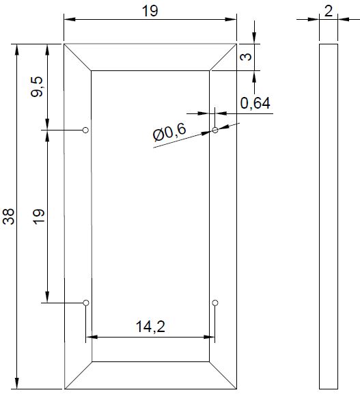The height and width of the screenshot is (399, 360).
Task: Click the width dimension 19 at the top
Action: (x=150, y=11)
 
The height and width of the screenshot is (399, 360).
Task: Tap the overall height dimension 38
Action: (x=8, y=217)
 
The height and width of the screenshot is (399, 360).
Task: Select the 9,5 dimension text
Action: (x=38, y=87)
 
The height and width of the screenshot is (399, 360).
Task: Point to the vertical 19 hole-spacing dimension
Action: (x=38, y=217)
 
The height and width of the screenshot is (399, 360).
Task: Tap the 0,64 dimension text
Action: (x=255, y=103)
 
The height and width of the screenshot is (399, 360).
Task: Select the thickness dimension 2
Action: (x=329, y=11)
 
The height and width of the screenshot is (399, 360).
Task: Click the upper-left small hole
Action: (x=85, y=129)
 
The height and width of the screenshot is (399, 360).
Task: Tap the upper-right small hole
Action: (x=214, y=129)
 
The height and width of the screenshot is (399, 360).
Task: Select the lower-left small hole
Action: (x=85, y=302)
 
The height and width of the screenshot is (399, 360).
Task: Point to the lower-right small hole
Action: (x=214, y=302)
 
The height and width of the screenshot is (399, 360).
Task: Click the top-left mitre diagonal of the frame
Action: (x=78, y=57)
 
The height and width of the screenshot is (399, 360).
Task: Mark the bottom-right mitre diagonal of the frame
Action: (x=223, y=374)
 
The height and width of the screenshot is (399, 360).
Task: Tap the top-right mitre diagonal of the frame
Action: (x=223, y=57)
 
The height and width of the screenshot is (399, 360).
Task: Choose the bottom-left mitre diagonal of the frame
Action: (x=78, y=374)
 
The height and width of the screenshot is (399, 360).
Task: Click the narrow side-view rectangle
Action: (x=329, y=217)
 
